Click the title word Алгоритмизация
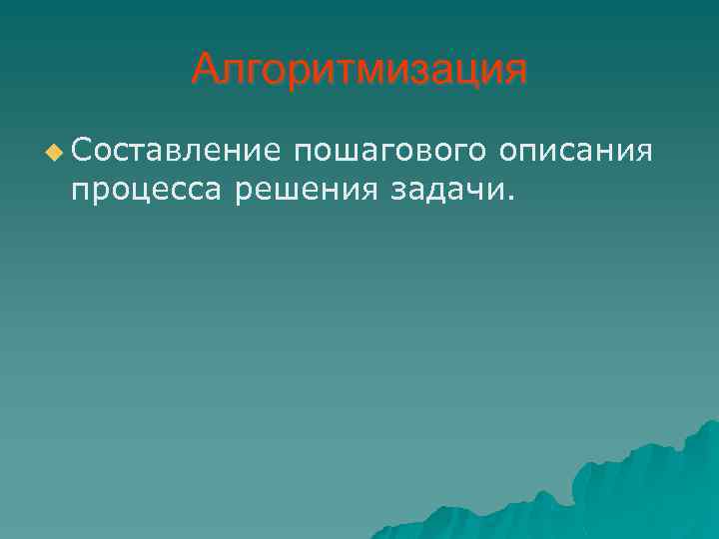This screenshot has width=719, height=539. click(359, 70)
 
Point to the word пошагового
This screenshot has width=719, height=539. click(390, 152)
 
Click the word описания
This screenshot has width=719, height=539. click(577, 152)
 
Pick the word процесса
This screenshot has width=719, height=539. click(148, 189)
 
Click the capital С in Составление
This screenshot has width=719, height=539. click(81, 152)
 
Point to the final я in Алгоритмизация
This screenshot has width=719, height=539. click(514, 72)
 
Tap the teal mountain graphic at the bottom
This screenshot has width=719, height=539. click(619, 489)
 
